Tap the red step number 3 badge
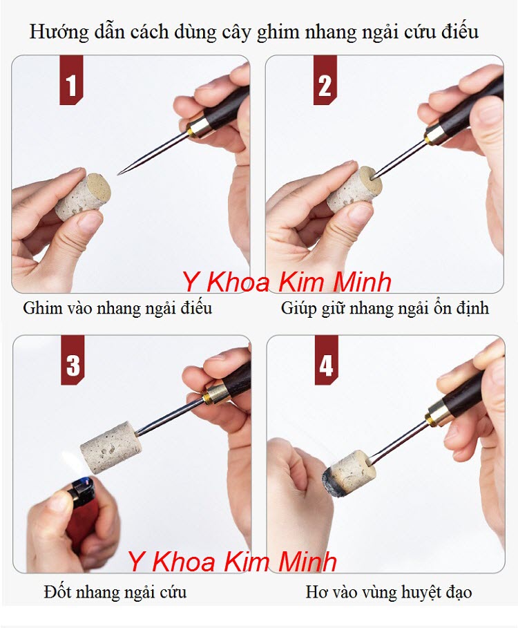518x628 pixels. [73, 364]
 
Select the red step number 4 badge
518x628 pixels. [326, 365]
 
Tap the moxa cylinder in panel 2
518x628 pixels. [352, 189]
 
